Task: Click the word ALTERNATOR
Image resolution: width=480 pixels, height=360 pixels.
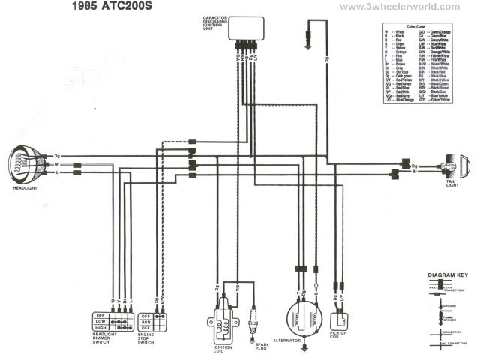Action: (x=301, y=340)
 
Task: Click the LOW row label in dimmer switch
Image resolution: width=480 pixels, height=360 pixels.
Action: (x=100, y=321)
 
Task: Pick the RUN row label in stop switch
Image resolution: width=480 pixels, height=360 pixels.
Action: (x=147, y=321)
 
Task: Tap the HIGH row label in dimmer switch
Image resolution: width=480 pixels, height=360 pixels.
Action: (x=100, y=328)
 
